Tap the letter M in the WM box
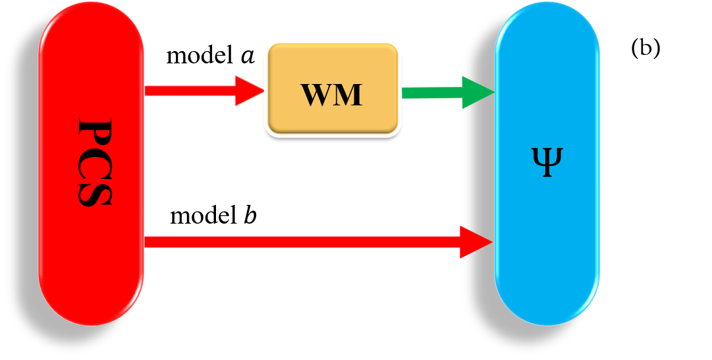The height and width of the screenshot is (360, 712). [x=348, y=95]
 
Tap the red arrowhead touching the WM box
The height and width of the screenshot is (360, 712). [x=248, y=90]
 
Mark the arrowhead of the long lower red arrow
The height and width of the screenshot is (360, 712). [x=475, y=242]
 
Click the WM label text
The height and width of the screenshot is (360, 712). [x=332, y=95]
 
